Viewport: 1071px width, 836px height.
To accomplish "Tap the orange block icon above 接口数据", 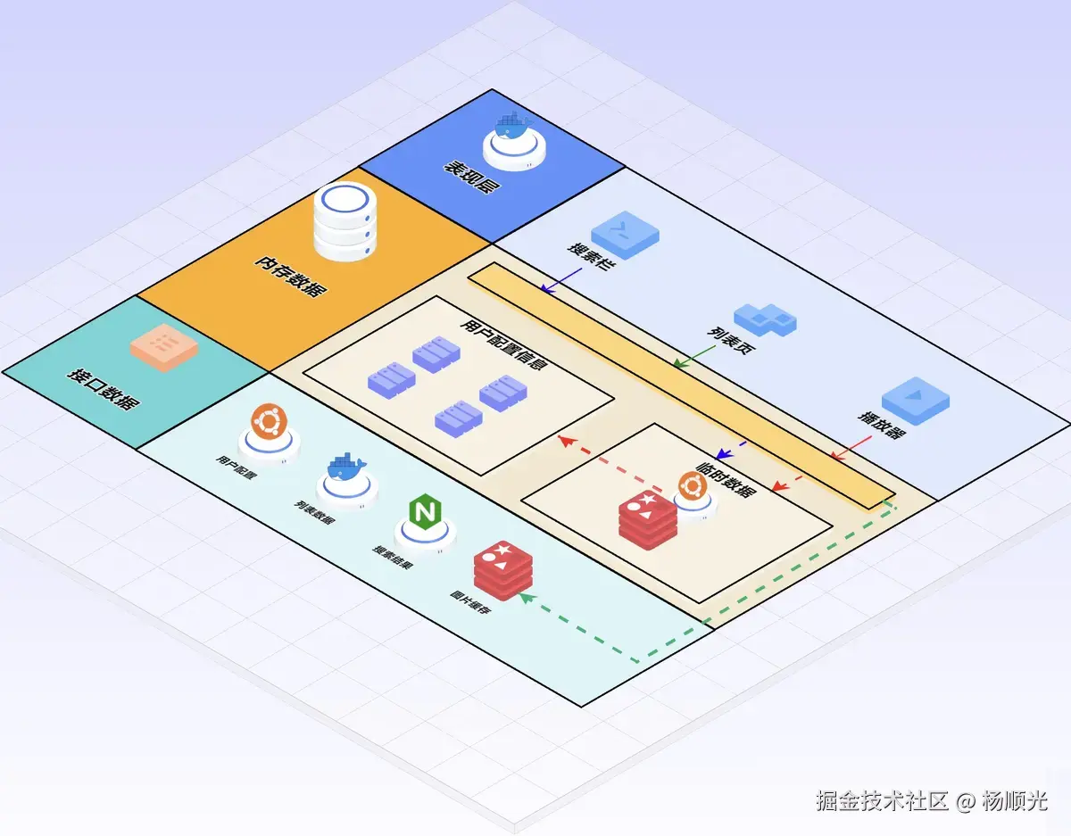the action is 162,344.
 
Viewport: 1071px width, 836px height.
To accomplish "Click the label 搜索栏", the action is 588,257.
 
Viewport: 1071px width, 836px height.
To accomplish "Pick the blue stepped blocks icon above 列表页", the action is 765,319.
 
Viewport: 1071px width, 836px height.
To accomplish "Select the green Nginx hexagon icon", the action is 423,513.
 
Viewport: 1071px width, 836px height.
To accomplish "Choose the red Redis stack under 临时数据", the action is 648,519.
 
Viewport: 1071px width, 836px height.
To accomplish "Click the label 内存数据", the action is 289,276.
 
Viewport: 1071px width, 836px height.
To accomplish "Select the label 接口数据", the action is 103,387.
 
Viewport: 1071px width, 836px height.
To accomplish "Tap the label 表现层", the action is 471,176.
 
